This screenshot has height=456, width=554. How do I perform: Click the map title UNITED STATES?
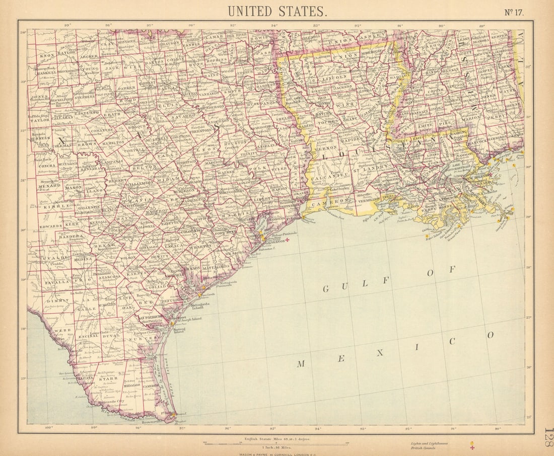tap(277, 11)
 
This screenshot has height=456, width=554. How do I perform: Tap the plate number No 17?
tap(514, 13)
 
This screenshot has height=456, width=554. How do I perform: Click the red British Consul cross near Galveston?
tap(288, 240)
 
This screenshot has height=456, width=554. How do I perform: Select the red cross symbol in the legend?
tap(472, 448)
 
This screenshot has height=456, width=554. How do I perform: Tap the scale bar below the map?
tap(275, 443)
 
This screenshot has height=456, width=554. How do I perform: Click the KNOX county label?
tap(47, 55)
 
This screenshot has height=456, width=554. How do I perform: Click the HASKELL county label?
tap(48, 72)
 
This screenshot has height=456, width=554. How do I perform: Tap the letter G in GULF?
tap(326, 289)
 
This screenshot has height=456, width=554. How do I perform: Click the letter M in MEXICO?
tap(300, 363)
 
